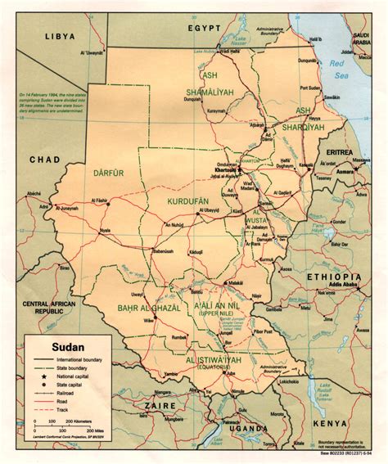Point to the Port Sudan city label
[309, 88]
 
